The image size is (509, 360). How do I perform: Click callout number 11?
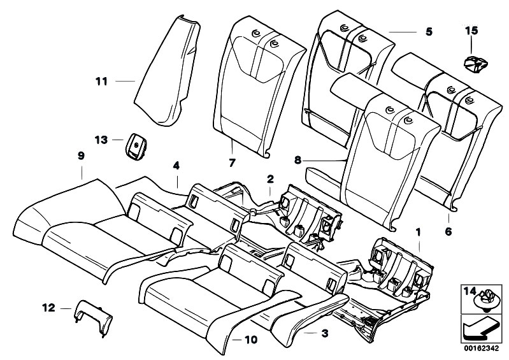tap(101, 81)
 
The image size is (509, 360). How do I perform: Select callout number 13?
tap(101, 138)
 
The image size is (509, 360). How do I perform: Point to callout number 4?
tap(176, 166)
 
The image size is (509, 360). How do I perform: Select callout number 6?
tap(448, 232)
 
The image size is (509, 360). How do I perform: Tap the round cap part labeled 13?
tap(136, 145)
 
